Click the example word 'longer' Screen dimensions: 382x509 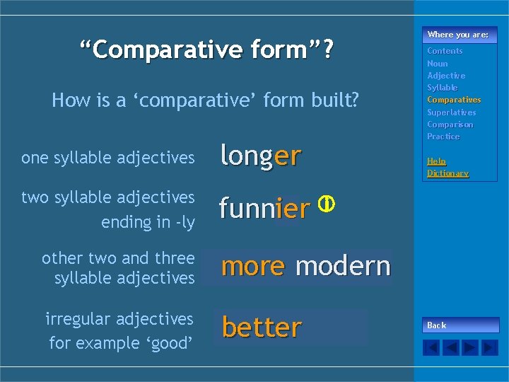pos(261,156)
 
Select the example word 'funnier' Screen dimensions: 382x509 pos(264,209)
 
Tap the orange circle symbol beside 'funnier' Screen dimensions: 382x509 pos(326,204)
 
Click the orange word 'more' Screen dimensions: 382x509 pos(252,266)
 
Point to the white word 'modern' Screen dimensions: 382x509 pos(343,266)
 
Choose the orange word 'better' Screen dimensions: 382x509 pos(262,328)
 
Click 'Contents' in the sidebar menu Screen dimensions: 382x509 pos(445,51)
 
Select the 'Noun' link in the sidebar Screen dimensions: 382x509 pos(437,64)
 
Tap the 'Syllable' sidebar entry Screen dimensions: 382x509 pos(442,88)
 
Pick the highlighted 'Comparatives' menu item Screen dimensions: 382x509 pos(453,100)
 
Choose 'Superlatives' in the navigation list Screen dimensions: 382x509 pos(451,112)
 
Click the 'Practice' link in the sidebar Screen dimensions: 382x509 pos(443,137)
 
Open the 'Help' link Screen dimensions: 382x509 pos(436,161)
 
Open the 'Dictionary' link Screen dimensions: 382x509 pos(447,173)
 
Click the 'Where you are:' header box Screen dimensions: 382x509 pos(458,35)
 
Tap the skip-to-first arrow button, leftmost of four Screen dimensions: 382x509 pos(431,347)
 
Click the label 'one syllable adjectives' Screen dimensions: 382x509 pos(107,158)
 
